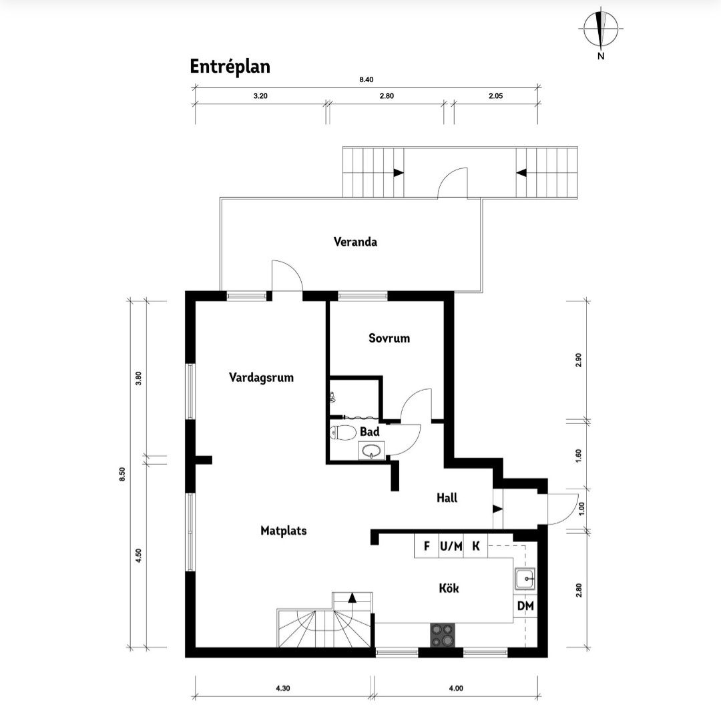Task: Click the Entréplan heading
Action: click(230, 67)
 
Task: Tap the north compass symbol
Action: click(601, 30)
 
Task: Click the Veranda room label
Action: click(355, 242)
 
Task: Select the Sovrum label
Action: click(389, 338)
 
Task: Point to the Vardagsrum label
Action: click(261, 377)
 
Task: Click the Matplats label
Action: click(283, 531)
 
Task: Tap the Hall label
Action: click(447, 497)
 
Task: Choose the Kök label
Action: click(449, 588)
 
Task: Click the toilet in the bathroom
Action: click(343, 433)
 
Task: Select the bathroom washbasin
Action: click(372, 451)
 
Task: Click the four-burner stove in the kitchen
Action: click(443, 635)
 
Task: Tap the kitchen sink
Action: click(525, 579)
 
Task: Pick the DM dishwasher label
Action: click(525, 606)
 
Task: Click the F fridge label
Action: click(427, 546)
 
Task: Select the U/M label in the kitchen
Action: click(451, 546)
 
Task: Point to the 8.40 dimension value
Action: click(367, 79)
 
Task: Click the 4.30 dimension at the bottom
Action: click(283, 688)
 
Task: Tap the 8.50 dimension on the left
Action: click(122, 474)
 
